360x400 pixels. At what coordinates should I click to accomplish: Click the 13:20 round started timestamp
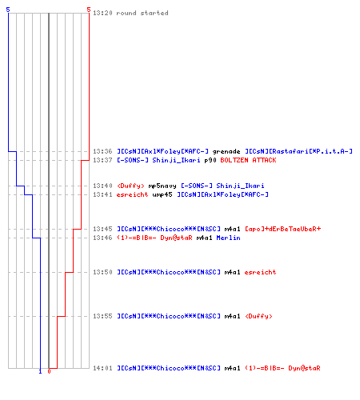click(x=102, y=13)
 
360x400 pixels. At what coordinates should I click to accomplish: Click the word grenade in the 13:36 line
click(x=226, y=152)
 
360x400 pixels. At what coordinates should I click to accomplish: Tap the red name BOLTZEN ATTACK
click(x=248, y=160)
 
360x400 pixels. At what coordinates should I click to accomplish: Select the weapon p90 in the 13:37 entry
click(x=210, y=160)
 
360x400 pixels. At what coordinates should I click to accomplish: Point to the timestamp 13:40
click(x=102, y=186)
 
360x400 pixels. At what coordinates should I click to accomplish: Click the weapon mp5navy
click(x=162, y=186)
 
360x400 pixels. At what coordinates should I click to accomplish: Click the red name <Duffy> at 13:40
click(x=130, y=186)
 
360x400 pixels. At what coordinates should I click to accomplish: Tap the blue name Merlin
click(x=228, y=238)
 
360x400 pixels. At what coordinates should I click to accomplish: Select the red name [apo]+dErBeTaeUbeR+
click(x=282, y=229)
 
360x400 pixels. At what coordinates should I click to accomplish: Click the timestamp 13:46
click(x=102, y=238)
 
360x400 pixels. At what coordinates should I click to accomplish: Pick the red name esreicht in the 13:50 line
click(x=260, y=272)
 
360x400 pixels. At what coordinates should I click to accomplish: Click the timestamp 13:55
click(x=102, y=316)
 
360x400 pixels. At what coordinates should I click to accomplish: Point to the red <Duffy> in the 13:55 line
click(x=258, y=316)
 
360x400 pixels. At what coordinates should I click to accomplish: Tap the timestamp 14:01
click(x=102, y=368)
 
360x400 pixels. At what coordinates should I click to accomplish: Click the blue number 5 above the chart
click(x=8, y=10)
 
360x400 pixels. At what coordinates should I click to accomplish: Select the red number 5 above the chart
click(x=89, y=10)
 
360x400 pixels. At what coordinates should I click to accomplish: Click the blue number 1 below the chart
click(x=40, y=371)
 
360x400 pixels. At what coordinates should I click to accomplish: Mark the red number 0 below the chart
click(x=49, y=371)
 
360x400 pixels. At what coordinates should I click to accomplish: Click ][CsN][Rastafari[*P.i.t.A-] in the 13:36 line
click(x=298, y=151)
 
